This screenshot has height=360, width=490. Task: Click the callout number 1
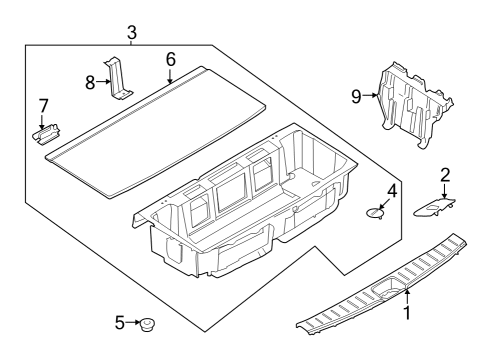[406, 312]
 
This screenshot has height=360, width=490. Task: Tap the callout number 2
[445, 174]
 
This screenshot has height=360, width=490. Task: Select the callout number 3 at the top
[132, 34]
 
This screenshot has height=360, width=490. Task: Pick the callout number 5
[120, 322]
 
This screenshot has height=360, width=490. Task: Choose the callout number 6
[170, 59]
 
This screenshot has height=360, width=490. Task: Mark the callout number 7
[43, 105]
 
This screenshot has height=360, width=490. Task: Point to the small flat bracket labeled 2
[436, 205]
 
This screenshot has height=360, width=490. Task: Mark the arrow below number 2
[445, 187]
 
